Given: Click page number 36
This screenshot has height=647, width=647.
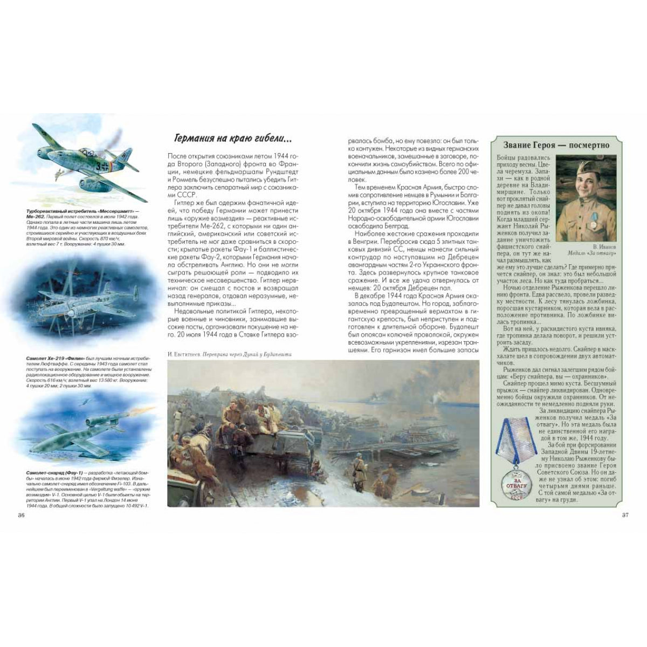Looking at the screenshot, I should (22, 515).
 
